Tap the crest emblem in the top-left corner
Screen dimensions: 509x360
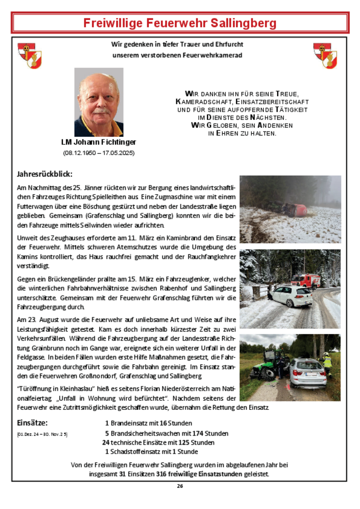pos(30,55)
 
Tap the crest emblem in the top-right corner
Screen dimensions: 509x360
pos(325,55)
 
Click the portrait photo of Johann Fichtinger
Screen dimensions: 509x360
pos(99,102)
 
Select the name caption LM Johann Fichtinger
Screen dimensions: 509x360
pos(99,142)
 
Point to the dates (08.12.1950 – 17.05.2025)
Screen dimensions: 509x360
pos(99,153)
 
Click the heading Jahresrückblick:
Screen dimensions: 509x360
pos(44,174)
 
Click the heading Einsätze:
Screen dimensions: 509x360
pos(32,422)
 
